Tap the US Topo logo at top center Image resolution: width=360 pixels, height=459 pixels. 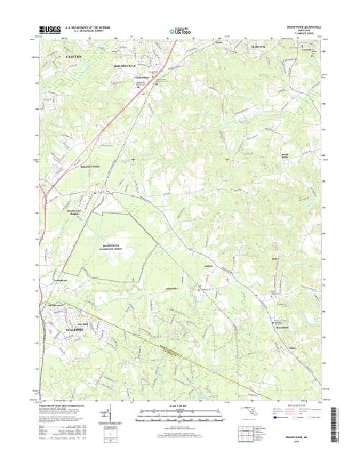click(x=179, y=31)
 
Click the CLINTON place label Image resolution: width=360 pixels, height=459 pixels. click(x=73, y=55)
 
